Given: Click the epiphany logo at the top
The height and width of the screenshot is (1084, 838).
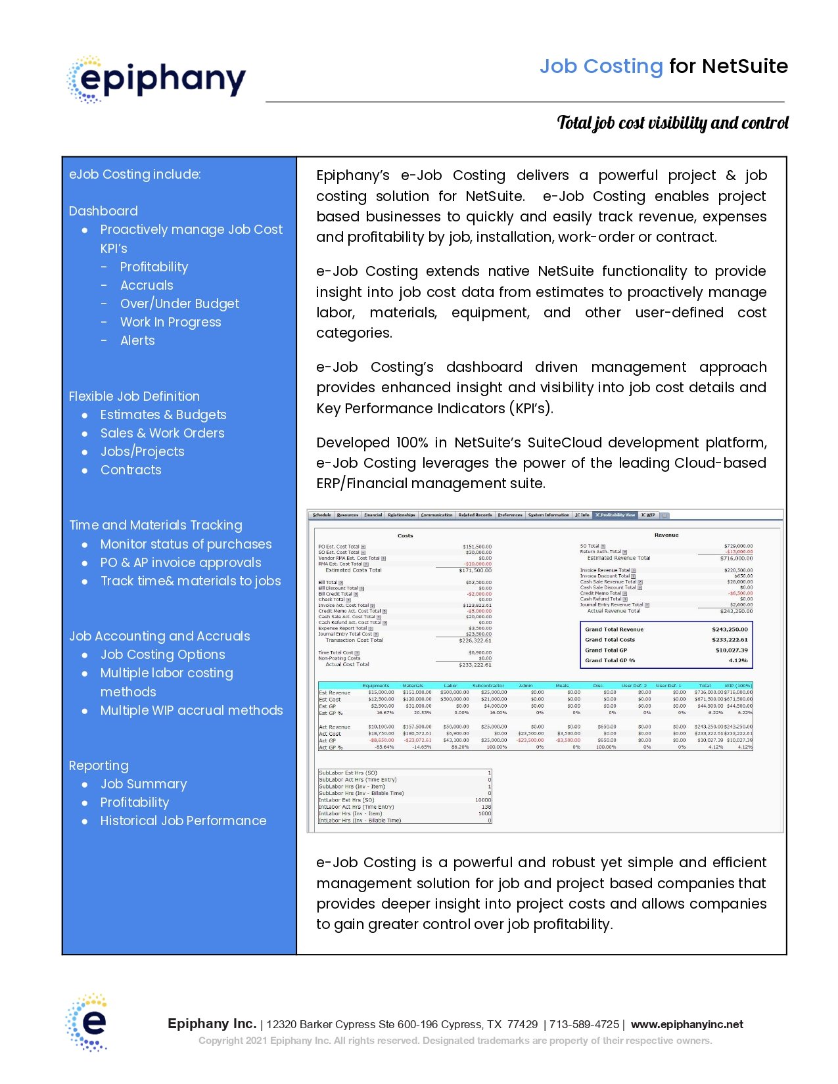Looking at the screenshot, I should point(156,79).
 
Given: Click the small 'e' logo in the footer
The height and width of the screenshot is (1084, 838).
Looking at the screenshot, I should point(87,1022).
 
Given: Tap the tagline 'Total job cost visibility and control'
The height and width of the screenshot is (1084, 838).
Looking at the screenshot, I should point(672,123).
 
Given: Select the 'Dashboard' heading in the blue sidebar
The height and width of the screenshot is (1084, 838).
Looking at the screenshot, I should point(103,211).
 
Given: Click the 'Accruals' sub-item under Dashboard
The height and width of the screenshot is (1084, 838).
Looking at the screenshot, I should point(147,285).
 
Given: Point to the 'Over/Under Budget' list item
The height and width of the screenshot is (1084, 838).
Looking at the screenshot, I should point(179,304).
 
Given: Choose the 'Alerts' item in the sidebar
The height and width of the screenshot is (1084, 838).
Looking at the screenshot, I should point(137,340).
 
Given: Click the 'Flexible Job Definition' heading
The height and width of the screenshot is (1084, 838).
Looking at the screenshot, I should point(134,396).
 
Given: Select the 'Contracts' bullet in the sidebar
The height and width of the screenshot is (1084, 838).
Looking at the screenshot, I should point(131,470).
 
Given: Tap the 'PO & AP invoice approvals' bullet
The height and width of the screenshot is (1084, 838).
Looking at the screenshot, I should point(181,562).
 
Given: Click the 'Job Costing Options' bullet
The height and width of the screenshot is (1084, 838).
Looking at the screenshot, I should point(162,654).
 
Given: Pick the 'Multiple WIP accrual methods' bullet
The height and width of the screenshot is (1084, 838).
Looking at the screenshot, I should point(191,710).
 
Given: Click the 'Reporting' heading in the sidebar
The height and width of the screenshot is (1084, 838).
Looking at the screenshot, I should point(99,765).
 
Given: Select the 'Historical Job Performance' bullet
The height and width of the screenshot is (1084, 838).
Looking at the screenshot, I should point(183,821).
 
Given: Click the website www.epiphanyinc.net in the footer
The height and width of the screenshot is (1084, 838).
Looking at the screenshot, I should point(687,1024).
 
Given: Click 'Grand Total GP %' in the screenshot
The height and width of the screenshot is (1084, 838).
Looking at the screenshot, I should point(610,660).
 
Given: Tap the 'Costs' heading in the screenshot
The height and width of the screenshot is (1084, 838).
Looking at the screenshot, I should point(405,535).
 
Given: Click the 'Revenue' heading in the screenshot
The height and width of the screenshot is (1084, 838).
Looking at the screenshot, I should point(666,535).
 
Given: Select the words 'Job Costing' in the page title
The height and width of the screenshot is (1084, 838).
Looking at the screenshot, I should point(601,66).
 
